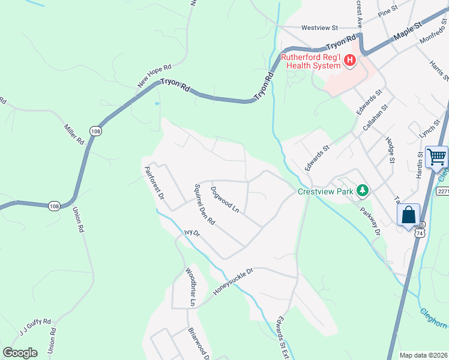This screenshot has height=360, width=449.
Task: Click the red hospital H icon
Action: [349, 60]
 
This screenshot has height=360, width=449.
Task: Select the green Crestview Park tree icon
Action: [362, 191]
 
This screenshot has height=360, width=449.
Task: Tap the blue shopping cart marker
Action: [436, 158]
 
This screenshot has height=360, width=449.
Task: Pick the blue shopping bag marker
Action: [408, 215]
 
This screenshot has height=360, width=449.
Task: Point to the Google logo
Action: [20, 353]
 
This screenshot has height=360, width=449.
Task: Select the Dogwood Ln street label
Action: [225, 200]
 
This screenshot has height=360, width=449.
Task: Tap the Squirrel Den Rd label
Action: [205, 204]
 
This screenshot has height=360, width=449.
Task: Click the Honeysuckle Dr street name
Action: [234, 281]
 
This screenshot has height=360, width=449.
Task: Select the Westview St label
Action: [320, 28]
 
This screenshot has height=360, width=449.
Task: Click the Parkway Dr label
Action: [370, 221]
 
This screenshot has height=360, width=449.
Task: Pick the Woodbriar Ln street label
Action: [190, 287]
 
